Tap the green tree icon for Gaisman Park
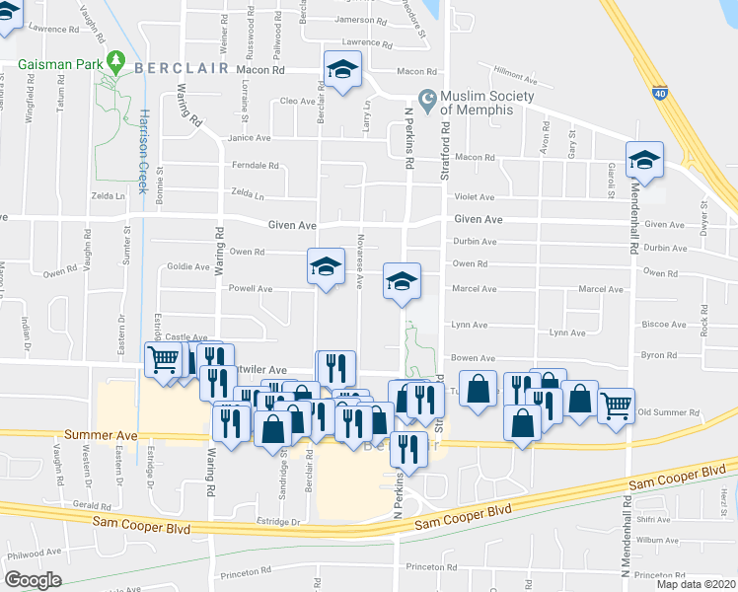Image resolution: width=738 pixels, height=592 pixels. tap(116, 61)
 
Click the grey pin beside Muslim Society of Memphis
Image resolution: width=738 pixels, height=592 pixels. tap(427, 99)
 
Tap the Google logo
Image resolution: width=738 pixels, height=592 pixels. tap(33, 580)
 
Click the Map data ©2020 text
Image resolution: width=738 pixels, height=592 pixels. tap(696, 584)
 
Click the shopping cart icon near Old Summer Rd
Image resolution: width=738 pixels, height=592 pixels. tap(617, 403)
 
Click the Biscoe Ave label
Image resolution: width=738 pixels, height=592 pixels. tap(663, 324)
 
